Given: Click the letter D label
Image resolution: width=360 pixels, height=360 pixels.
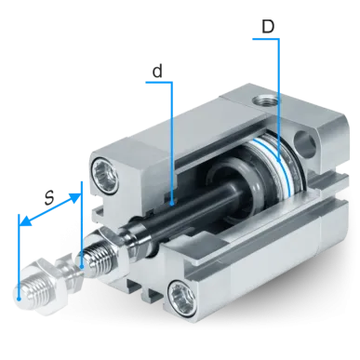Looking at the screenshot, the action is coord(268,27).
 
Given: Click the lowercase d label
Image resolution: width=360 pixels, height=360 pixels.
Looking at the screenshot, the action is coord(157,71).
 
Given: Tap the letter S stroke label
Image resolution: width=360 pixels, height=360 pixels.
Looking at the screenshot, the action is coord(49,198).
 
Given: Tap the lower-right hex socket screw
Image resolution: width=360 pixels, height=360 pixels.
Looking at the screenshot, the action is coord(181,296).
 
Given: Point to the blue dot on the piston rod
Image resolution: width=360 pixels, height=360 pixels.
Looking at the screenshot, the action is coord(172,204).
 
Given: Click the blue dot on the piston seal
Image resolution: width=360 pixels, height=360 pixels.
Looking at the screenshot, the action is coord(279,160).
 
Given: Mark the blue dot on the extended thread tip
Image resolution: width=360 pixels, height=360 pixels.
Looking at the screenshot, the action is coord(19,300).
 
